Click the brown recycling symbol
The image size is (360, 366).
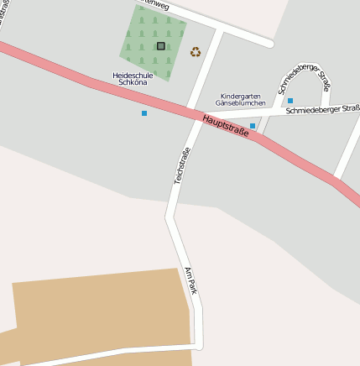(196, 52)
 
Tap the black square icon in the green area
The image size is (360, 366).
(160, 46)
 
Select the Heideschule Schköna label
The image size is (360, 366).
(133, 79)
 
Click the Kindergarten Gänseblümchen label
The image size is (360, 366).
(241, 99)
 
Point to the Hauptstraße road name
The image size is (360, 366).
(226, 127)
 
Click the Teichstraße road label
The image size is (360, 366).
(181, 165)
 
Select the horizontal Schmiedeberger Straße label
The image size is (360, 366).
(322, 109)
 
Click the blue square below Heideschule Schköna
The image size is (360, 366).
(144, 112)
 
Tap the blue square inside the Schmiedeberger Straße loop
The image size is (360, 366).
(290, 101)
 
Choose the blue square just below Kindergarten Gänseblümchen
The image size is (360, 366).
(253, 126)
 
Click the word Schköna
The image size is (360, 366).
(133, 83)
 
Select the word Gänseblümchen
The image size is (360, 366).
(241, 103)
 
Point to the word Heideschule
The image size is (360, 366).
(133, 75)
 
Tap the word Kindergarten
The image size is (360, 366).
(241, 96)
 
